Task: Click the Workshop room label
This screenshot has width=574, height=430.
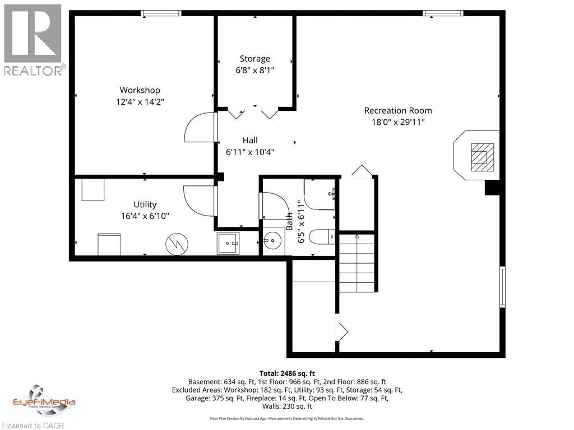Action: click(140, 90)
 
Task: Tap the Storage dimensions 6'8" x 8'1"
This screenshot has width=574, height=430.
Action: click(255, 70)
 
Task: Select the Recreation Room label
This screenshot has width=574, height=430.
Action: click(398, 110)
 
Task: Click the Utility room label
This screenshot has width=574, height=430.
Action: click(145, 204)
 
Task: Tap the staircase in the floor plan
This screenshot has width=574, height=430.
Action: click(357, 263)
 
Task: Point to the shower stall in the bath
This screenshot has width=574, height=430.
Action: click(320, 194)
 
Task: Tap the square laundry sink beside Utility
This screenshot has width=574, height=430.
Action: click(228, 242)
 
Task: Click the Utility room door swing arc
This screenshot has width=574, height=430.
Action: click(198, 200)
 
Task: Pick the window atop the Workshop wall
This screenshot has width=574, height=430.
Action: click(160, 13)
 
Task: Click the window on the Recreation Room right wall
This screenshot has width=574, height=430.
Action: click(502, 287)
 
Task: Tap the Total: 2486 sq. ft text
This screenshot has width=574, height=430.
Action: click(287, 373)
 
